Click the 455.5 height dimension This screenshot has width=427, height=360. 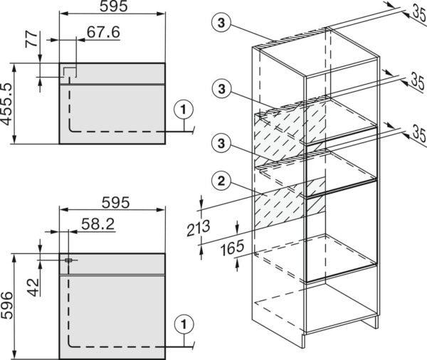(x=7, y=104)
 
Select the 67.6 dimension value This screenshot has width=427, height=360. (x=103, y=32)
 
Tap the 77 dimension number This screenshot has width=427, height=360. (x=31, y=39)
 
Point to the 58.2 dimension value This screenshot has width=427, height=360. (x=97, y=224)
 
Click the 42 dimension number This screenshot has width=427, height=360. (x=33, y=287)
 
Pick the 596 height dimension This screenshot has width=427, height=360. (x=7, y=305)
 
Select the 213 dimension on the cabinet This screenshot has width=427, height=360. (x=199, y=228)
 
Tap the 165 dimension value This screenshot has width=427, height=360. (x=232, y=248)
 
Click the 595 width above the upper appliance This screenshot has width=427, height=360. (x=114, y=6)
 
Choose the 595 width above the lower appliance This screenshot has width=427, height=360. (x=116, y=203)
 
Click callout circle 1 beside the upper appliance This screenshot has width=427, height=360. (x=184, y=110)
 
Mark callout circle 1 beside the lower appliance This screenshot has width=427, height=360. (x=184, y=324)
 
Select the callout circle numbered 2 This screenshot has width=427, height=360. (x=221, y=181)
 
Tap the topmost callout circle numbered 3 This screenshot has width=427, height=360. (x=221, y=23)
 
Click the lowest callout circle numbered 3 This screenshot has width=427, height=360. (x=221, y=143)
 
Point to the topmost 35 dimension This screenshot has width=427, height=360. (x=420, y=12)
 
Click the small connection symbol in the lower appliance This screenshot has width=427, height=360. (x=68, y=260)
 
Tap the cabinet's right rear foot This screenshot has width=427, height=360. (x=376, y=323)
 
